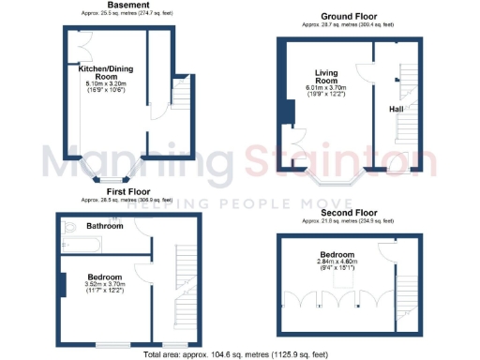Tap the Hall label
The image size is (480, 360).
[397, 109]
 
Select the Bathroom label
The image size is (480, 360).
[106, 226]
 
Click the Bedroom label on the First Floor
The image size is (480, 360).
[105, 277]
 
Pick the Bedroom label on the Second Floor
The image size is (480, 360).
[336, 255]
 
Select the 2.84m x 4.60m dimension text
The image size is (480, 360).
[336, 263]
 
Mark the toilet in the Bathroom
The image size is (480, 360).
[68, 227]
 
